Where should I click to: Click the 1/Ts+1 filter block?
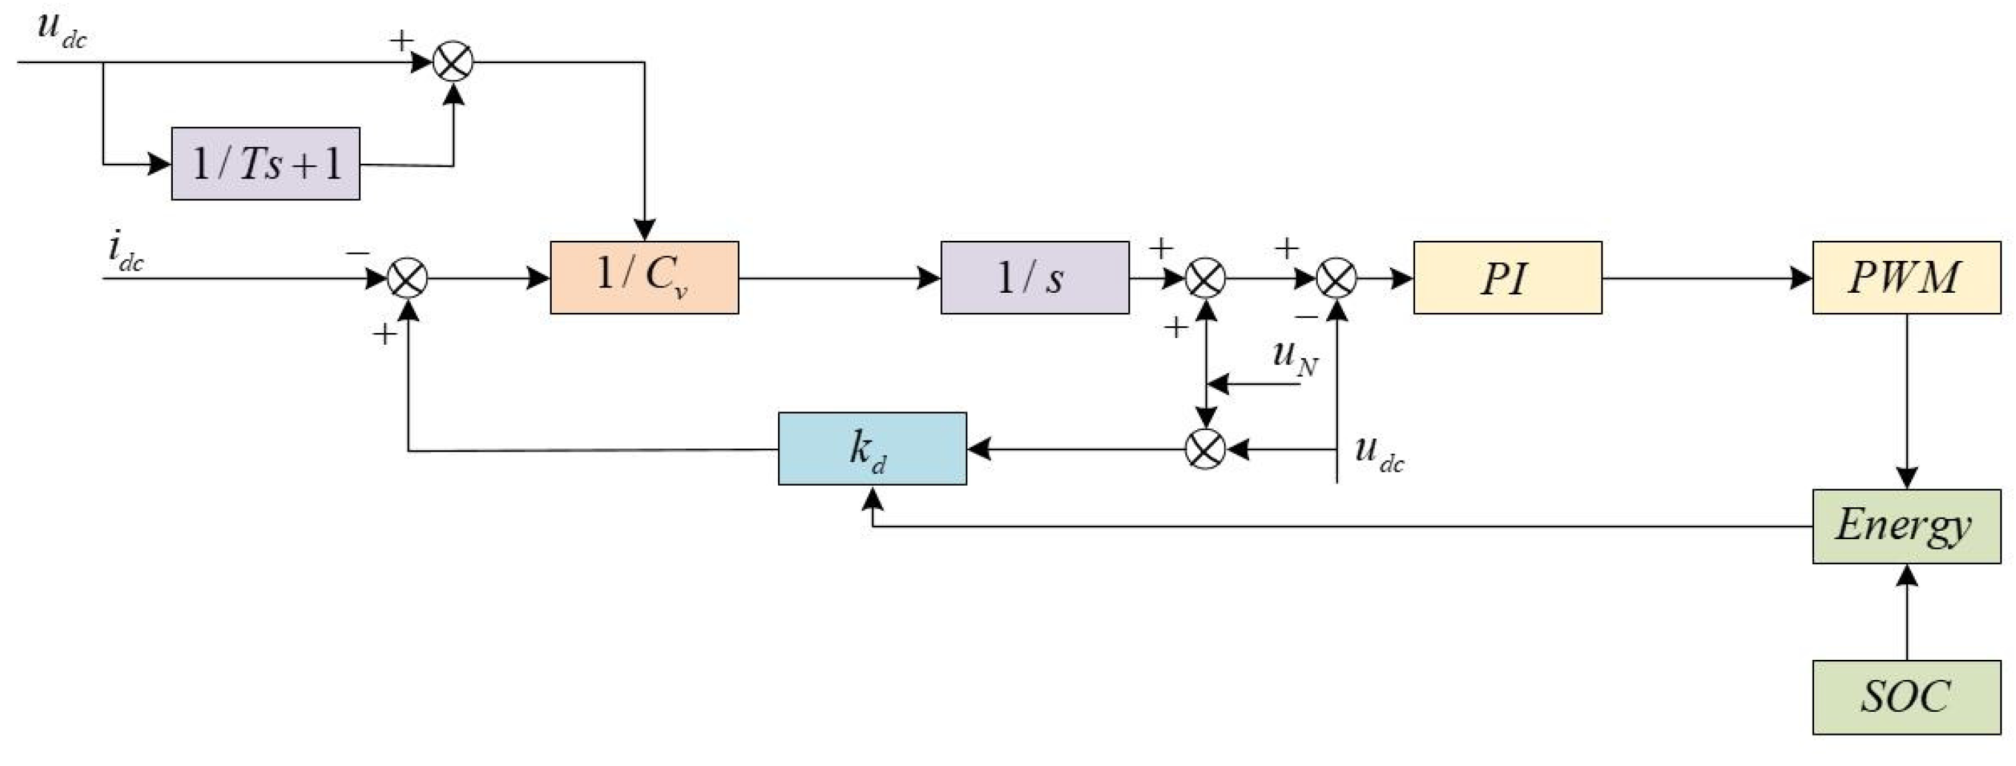click(x=265, y=164)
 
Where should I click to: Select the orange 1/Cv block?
click(x=644, y=277)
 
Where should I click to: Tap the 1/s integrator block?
click(x=1035, y=277)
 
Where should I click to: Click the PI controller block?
click(x=1507, y=277)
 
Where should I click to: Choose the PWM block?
click(x=1906, y=277)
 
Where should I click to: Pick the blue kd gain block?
click(x=872, y=448)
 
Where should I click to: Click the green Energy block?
click(x=1906, y=526)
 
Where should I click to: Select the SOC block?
click(x=1906, y=697)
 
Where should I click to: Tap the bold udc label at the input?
click(x=61, y=30)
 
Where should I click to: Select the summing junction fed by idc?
click(x=408, y=278)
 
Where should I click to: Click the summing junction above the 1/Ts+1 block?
click(x=453, y=61)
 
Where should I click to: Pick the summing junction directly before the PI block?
click(x=1337, y=278)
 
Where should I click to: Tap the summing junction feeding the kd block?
click(x=1205, y=449)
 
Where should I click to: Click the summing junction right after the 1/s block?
click(x=1205, y=278)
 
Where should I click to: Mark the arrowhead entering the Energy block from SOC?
click(x=1907, y=575)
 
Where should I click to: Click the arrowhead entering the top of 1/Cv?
click(x=644, y=229)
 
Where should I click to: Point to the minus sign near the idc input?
click(x=357, y=253)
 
